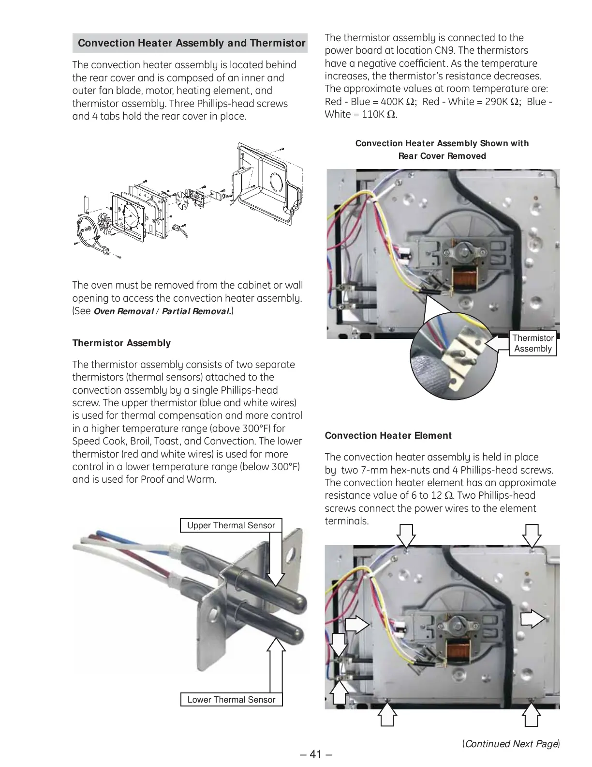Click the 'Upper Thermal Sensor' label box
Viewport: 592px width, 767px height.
pyautogui.click(x=231, y=525)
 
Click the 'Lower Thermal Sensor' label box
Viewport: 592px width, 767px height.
pyautogui.click(x=231, y=699)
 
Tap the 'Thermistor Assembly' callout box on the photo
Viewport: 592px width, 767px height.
pyautogui.click(x=533, y=343)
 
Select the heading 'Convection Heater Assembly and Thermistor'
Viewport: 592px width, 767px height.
pyautogui.click(x=192, y=43)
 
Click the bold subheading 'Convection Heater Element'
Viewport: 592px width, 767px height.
pyautogui.click(x=388, y=435)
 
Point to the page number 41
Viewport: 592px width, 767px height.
pyautogui.click(x=315, y=754)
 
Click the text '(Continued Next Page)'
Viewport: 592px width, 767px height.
pyautogui.click(x=511, y=743)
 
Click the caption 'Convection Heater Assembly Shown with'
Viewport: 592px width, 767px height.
pyautogui.click(x=442, y=143)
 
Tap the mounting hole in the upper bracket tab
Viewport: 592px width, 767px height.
pyautogui.click(x=291, y=553)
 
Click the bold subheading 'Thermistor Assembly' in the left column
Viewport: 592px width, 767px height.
pyautogui.click(x=121, y=343)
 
